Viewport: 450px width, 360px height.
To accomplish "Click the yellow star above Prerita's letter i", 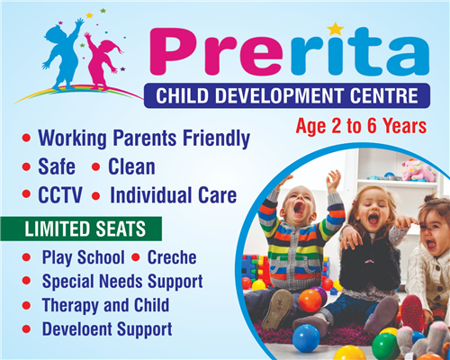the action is (x=336, y=29).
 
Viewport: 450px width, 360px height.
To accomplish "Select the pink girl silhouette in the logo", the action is (x=101, y=61).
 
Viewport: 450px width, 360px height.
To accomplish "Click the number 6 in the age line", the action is (x=372, y=126).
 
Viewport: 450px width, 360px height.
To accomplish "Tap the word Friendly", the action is (x=217, y=139).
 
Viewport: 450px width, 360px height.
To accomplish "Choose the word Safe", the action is (x=57, y=166).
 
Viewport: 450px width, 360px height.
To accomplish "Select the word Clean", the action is (x=131, y=166).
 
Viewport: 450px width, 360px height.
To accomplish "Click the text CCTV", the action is (x=60, y=195).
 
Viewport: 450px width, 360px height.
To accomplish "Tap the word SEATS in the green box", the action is (x=121, y=229).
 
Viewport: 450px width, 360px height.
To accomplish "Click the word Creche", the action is (x=172, y=257).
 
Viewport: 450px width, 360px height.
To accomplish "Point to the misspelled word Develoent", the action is (x=77, y=329).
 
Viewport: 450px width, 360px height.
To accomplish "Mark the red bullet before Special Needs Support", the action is (x=26, y=281).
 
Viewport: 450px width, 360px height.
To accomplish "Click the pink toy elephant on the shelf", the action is (x=418, y=170).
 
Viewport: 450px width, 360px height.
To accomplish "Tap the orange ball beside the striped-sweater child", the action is (x=310, y=301).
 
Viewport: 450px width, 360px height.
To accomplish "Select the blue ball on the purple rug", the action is (x=306, y=338).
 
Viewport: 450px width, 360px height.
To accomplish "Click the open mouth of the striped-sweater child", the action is (x=300, y=208).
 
